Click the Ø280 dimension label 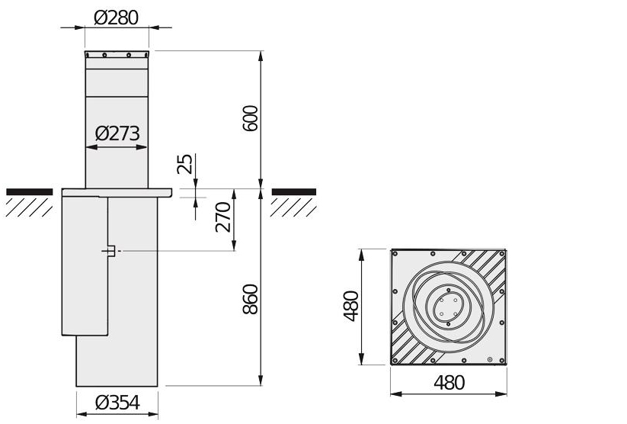[117, 17]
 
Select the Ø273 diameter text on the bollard [117, 134]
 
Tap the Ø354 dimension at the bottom [117, 404]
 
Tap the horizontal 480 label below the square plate [449, 383]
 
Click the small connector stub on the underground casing [110, 251]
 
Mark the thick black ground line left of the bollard [30, 191]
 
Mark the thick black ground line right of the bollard [293, 191]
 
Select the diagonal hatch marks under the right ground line [293, 206]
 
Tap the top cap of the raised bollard [117, 55]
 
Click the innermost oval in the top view [448, 307]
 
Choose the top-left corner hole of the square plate [397, 255]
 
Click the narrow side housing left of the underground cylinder [84, 267]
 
